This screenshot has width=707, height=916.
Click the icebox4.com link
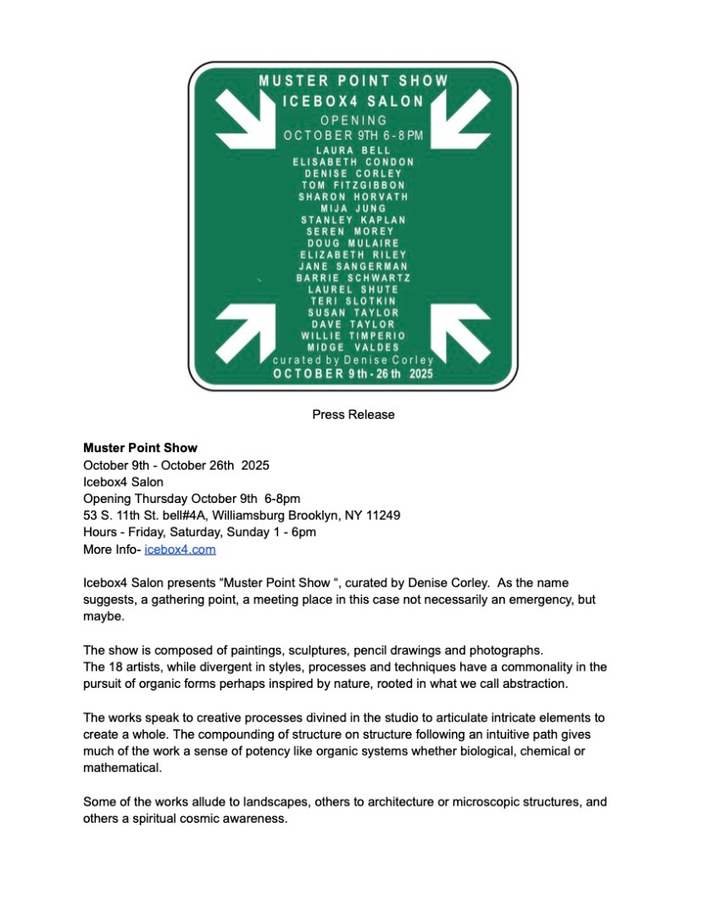click(x=180, y=550)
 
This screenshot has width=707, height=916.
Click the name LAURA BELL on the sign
click(x=353, y=150)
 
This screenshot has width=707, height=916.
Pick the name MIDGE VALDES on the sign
click(x=353, y=348)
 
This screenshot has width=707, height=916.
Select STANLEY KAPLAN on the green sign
click(x=353, y=220)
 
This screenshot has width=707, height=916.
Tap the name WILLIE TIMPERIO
click(x=353, y=336)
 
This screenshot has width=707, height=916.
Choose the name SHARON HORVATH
click(x=353, y=197)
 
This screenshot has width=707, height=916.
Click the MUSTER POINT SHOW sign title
click(x=353, y=81)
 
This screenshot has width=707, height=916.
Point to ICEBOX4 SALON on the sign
click(x=353, y=102)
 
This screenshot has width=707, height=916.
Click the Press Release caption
click(x=353, y=415)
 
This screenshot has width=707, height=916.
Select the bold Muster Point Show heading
click(x=140, y=447)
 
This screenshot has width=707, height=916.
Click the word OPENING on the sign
click(x=353, y=120)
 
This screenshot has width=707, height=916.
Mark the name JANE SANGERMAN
click(x=353, y=266)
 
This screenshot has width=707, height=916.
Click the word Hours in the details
click(x=99, y=532)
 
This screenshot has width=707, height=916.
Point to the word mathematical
click(x=120, y=769)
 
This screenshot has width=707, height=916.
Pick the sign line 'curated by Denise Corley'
click(x=353, y=360)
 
